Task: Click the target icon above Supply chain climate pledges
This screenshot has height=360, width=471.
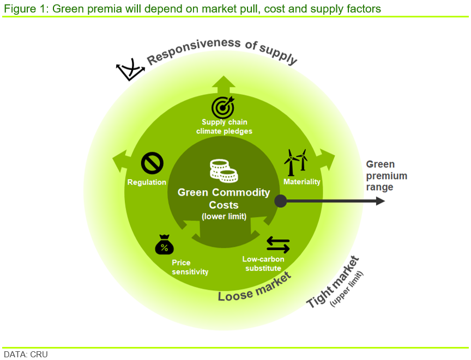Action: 223,107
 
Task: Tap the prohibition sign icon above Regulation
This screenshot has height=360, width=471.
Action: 152,163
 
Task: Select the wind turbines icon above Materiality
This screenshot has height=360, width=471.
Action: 296,162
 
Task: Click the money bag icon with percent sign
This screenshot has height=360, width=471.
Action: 164,245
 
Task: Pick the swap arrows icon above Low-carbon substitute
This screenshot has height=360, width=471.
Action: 278,245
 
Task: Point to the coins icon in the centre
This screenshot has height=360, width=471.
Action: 224,171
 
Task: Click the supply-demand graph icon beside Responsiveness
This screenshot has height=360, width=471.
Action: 130,69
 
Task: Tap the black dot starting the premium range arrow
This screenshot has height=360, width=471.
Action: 281,201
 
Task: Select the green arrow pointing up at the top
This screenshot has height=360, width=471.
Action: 224,85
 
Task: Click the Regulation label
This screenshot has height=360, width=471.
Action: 147,182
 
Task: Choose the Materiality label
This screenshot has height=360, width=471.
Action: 302,181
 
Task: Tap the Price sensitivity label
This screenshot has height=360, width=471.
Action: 190,267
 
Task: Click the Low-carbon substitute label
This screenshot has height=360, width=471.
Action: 263,264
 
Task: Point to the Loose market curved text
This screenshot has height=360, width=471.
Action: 255,289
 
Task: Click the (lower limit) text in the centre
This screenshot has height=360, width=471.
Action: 224,216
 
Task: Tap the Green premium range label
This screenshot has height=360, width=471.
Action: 387,175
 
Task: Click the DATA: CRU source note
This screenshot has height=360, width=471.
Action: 26,355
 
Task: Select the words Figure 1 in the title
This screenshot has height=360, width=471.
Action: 25,9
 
